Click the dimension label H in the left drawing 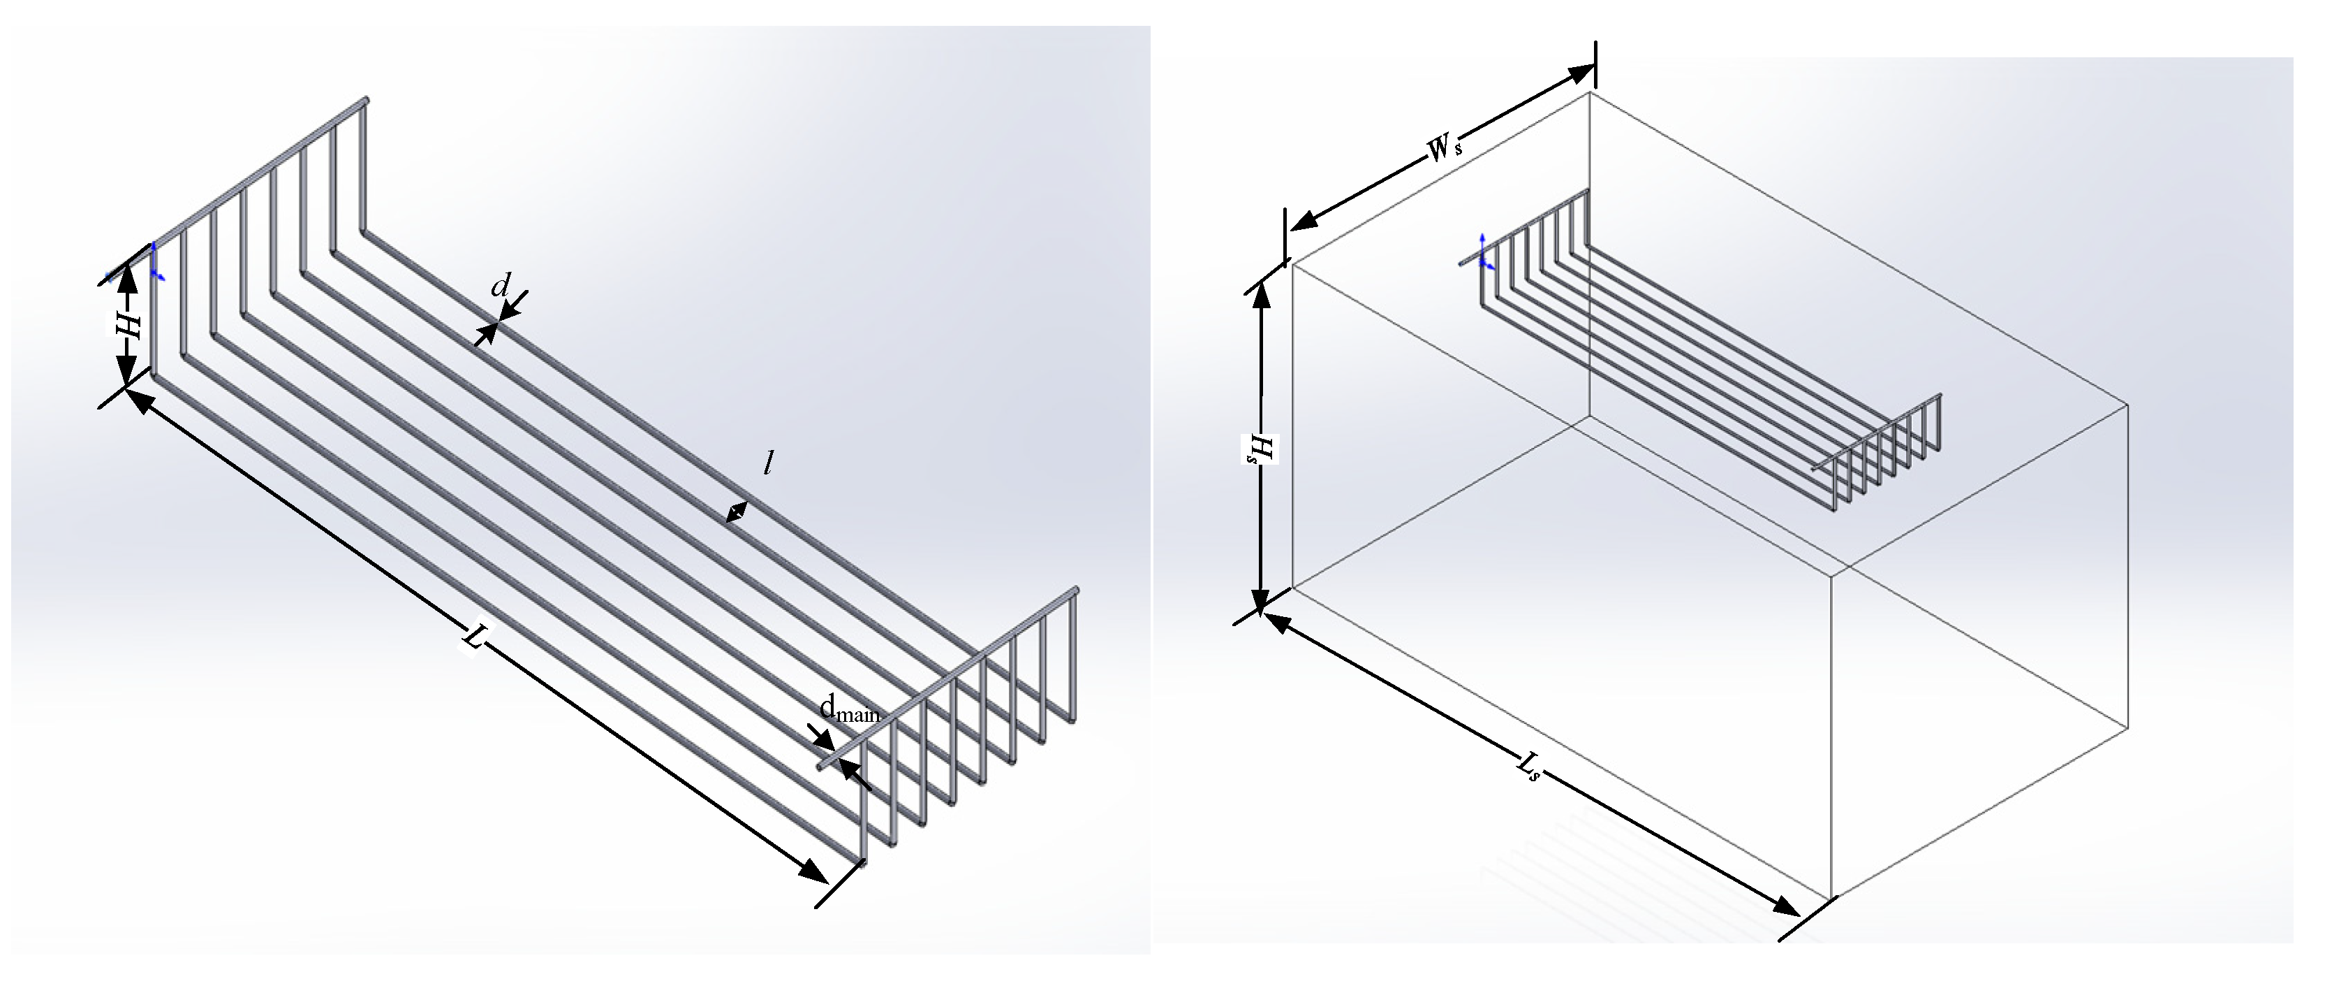click(x=130, y=327)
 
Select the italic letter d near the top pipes click(x=499, y=287)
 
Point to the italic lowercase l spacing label click(x=767, y=463)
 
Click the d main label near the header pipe click(x=849, y=709)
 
